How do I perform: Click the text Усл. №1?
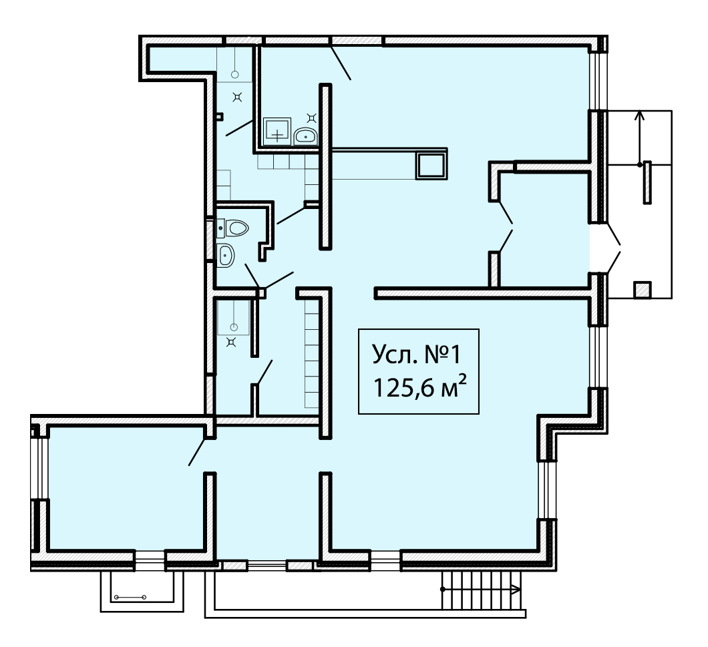click(x=416, y=355)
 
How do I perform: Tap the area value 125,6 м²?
click(x=419, y=387)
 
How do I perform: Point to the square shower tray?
click(x=277, y=132)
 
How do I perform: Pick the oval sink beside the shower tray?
click(x=306, y=136)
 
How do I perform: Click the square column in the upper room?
click(x=431, y=165)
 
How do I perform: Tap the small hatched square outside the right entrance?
click(x=642, y=290)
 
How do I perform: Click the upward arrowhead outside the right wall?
click(x=639, y=115)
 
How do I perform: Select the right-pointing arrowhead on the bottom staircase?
click(x=517, y=589)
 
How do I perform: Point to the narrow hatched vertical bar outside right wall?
click(x=647, y=182)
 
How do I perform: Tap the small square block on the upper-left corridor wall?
click(x=220, y=116)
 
